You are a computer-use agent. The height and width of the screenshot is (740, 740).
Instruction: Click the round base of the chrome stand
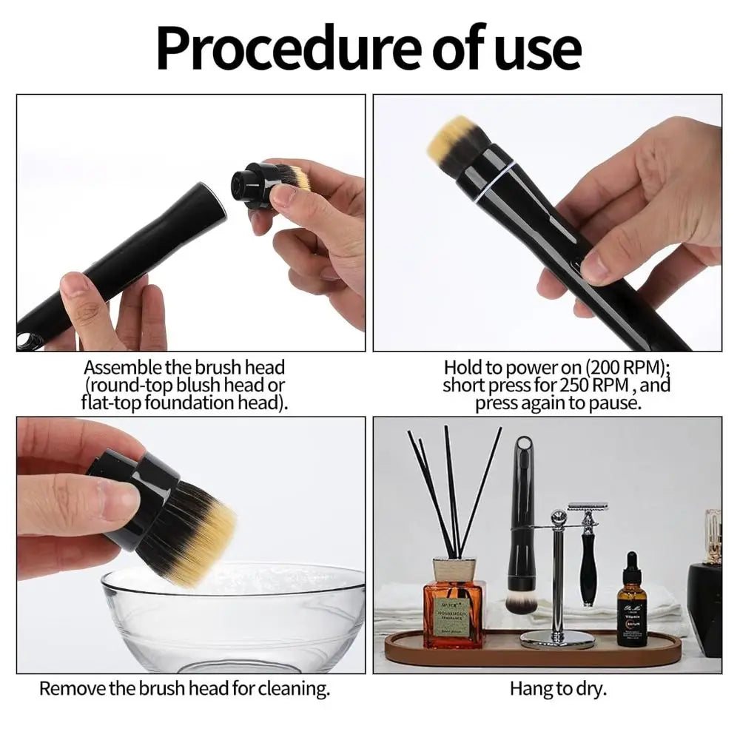pyautogui.click(x=557, y=639)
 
